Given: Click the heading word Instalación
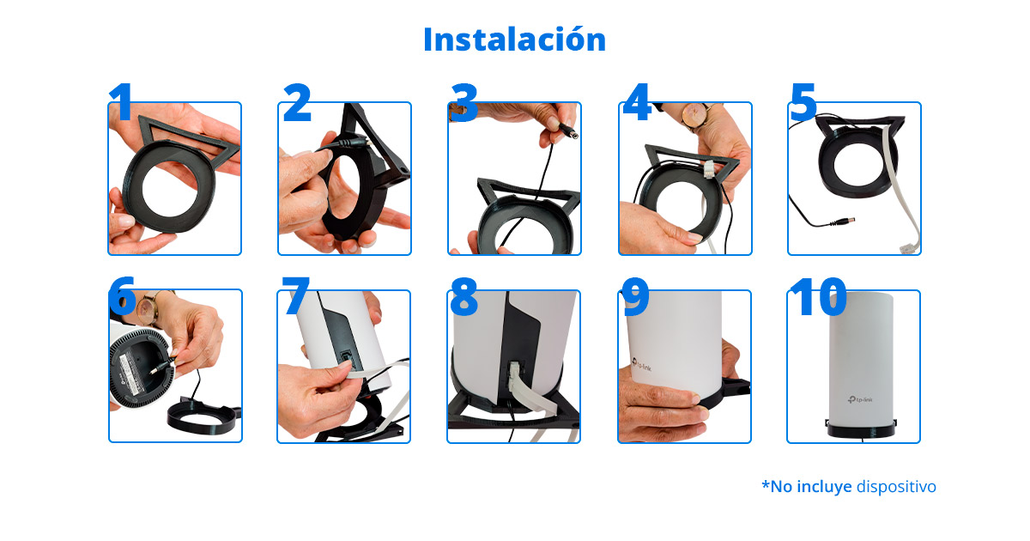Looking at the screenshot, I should coord(514,40).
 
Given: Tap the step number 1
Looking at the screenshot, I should coord(122,103).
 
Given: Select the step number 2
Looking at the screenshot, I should coord(297,103).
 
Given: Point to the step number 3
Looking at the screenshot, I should coord(463,103).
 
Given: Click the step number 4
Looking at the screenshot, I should coord(637,103).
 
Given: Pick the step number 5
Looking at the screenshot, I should coord(803,103).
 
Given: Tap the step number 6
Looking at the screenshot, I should coord(122,296).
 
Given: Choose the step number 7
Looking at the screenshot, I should coord(295,296).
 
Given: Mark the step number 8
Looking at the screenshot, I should coord(463,296).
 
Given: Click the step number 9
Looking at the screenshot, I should coord(635,296).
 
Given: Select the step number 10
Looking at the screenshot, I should coord(817,296).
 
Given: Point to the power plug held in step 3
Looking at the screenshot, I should coord(566,131).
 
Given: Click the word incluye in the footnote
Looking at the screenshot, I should coord(823,486).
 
